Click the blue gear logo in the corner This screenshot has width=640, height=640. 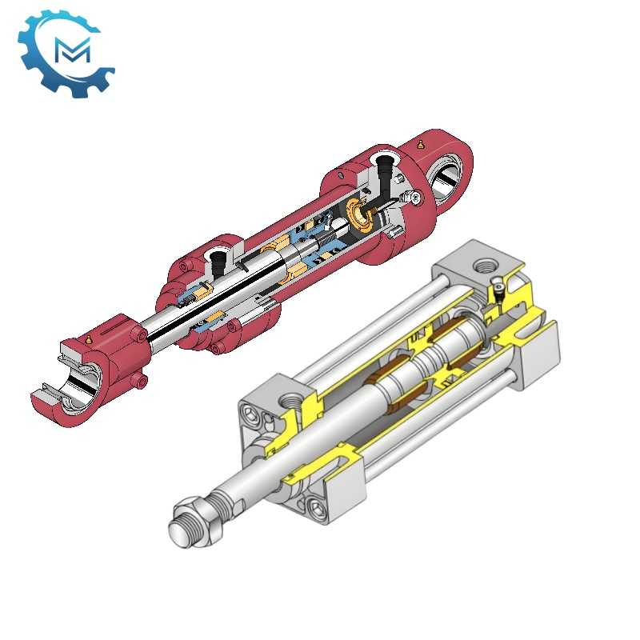[x=65, y=50]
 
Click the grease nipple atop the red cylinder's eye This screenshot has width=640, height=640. [x=421, y=144]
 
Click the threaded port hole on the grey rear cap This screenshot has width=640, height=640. [x=484, y=265]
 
